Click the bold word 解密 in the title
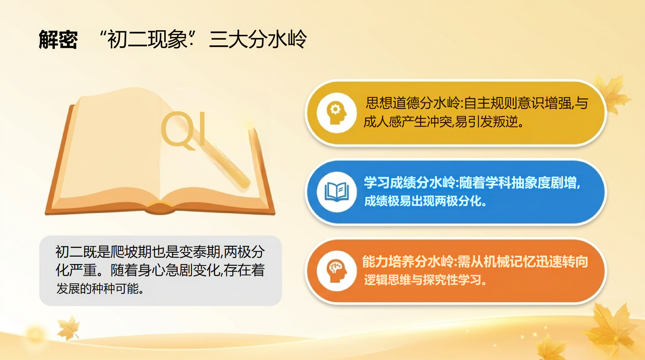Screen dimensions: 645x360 click(58, 39)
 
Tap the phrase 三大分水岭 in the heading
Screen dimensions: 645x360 click(258, 39)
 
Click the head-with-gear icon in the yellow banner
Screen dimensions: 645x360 click(337, 112)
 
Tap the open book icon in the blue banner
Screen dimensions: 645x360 click(337, 192)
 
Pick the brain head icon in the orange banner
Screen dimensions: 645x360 click(337, 271)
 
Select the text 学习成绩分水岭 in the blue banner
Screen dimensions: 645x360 click(410, 183)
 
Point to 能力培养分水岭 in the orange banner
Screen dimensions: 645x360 click(408, 262)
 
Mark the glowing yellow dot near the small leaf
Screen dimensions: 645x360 click(35, 332)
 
